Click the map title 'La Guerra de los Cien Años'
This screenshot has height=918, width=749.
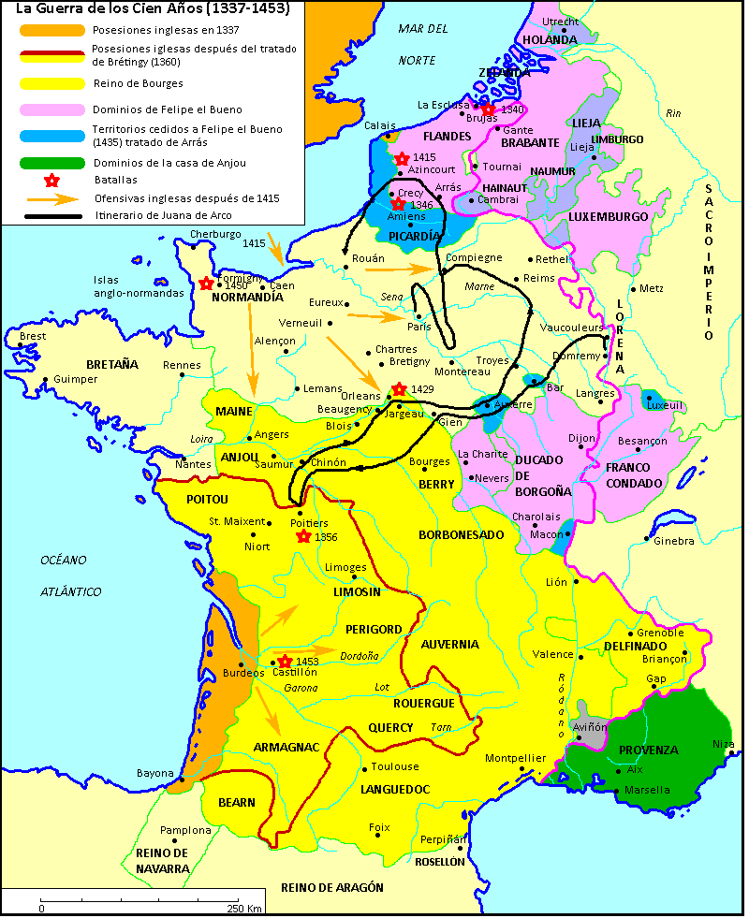click(x=153, y=9)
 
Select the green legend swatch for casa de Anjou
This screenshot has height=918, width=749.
click(x=51, y=163)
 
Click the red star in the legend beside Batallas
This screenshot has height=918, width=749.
click(x=52, y=180)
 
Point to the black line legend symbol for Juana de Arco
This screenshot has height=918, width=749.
click(x=52, y=216)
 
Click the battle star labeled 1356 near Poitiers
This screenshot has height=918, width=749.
click(x=303, y=536)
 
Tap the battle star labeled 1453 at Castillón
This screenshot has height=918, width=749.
click(x=285, y=662)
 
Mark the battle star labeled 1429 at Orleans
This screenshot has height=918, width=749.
click(x=399, y=388)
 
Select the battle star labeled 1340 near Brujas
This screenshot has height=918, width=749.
click(x=489, y=109)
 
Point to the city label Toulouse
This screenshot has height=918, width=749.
click(x=389, y=766)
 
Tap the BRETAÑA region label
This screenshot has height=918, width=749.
click(x=112, y=364)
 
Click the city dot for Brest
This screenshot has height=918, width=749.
click(x=20, y=345)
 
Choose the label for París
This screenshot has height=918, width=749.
click(x=419, y=328)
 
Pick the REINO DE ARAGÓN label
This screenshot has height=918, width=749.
click(x=332, y=887)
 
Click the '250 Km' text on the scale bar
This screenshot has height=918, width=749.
click(x=243, y=908)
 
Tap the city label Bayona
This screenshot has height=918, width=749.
click(x=154, y=773)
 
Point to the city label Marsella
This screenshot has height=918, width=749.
click(x=647, y=790)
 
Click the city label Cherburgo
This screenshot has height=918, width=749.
click(x=209, y=234)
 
